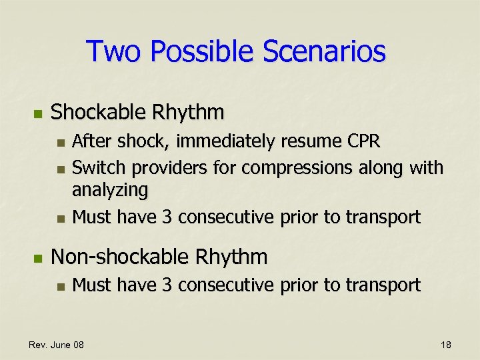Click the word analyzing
110,191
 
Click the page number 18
446,345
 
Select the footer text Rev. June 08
56,345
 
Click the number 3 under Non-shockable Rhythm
168,285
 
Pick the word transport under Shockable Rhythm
387,217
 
